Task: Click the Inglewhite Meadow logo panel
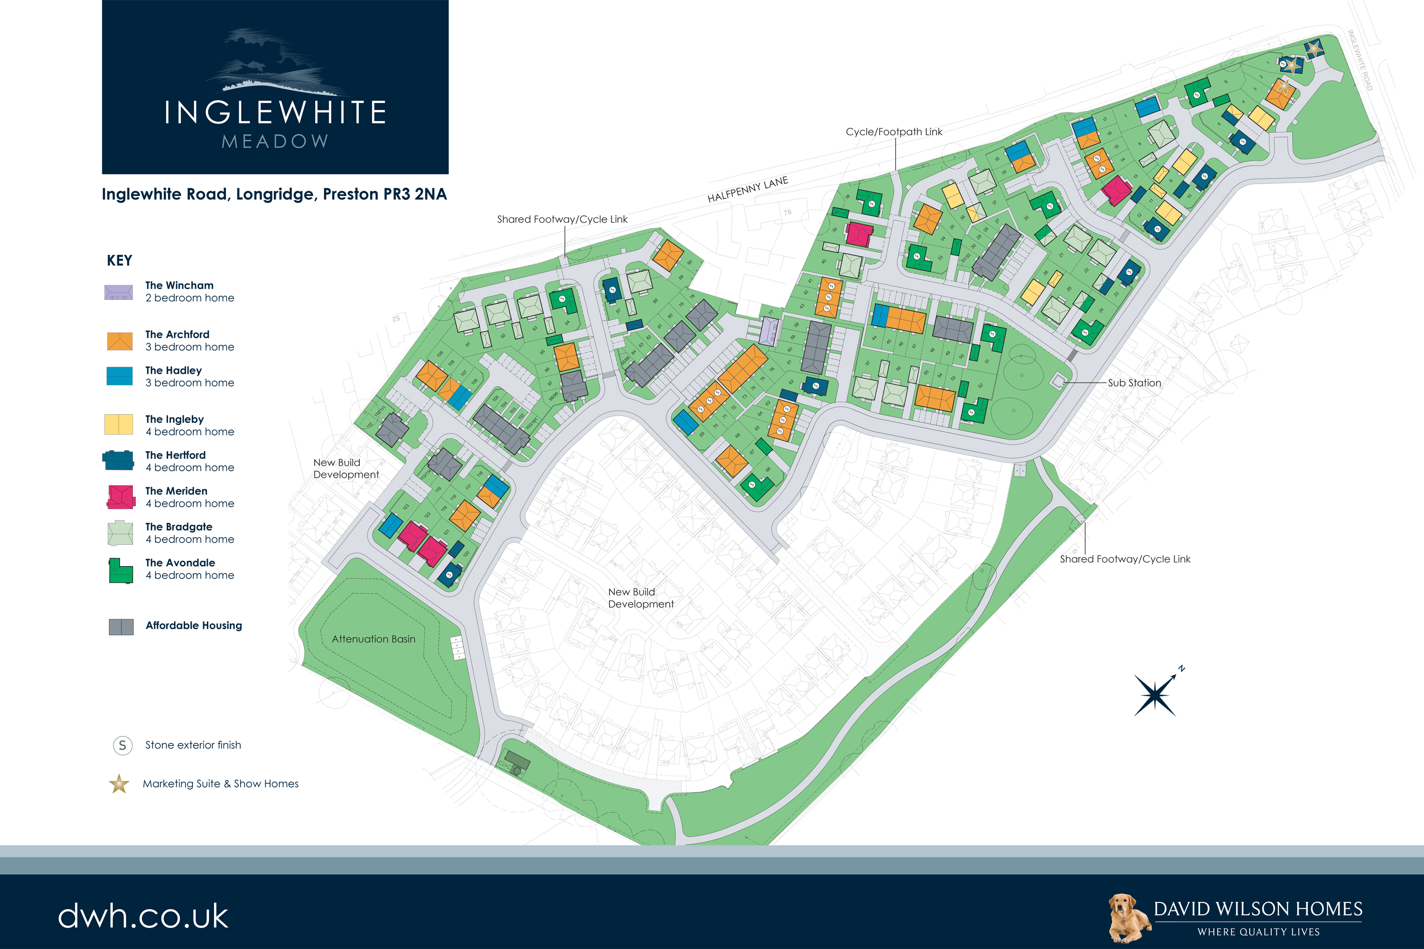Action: (275, 87)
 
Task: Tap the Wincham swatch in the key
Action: (119, 292)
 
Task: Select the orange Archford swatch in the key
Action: (119, 341)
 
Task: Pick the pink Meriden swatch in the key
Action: (121, 497)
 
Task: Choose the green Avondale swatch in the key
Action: (121, 571)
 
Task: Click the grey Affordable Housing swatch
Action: (121, 626)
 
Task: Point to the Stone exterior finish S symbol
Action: (122, 745)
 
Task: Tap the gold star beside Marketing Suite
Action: (119, 784)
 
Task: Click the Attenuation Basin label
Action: (373, 639)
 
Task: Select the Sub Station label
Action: (1134, 382)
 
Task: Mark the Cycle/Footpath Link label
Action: (894, 131)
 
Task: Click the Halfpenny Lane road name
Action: (748, 189)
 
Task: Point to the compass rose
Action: (1156, 695)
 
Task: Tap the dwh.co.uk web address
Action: (143, 915)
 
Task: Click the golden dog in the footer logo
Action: (1129, 917)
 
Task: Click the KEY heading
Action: (119, 260)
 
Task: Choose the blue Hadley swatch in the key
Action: (119, 376)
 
